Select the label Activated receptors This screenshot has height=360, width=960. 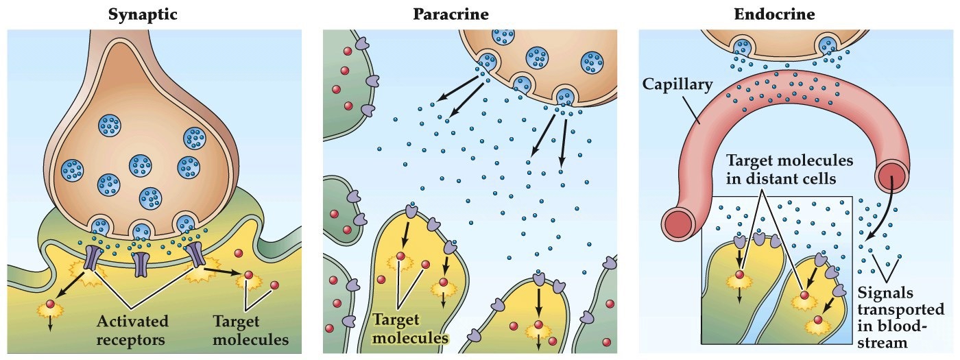(x=132, y=330)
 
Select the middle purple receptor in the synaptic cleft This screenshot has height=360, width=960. (x=141, y=263)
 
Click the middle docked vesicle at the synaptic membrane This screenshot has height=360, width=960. (x=141, y=230)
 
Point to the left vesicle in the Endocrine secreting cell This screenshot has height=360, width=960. (x=743, y=47)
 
